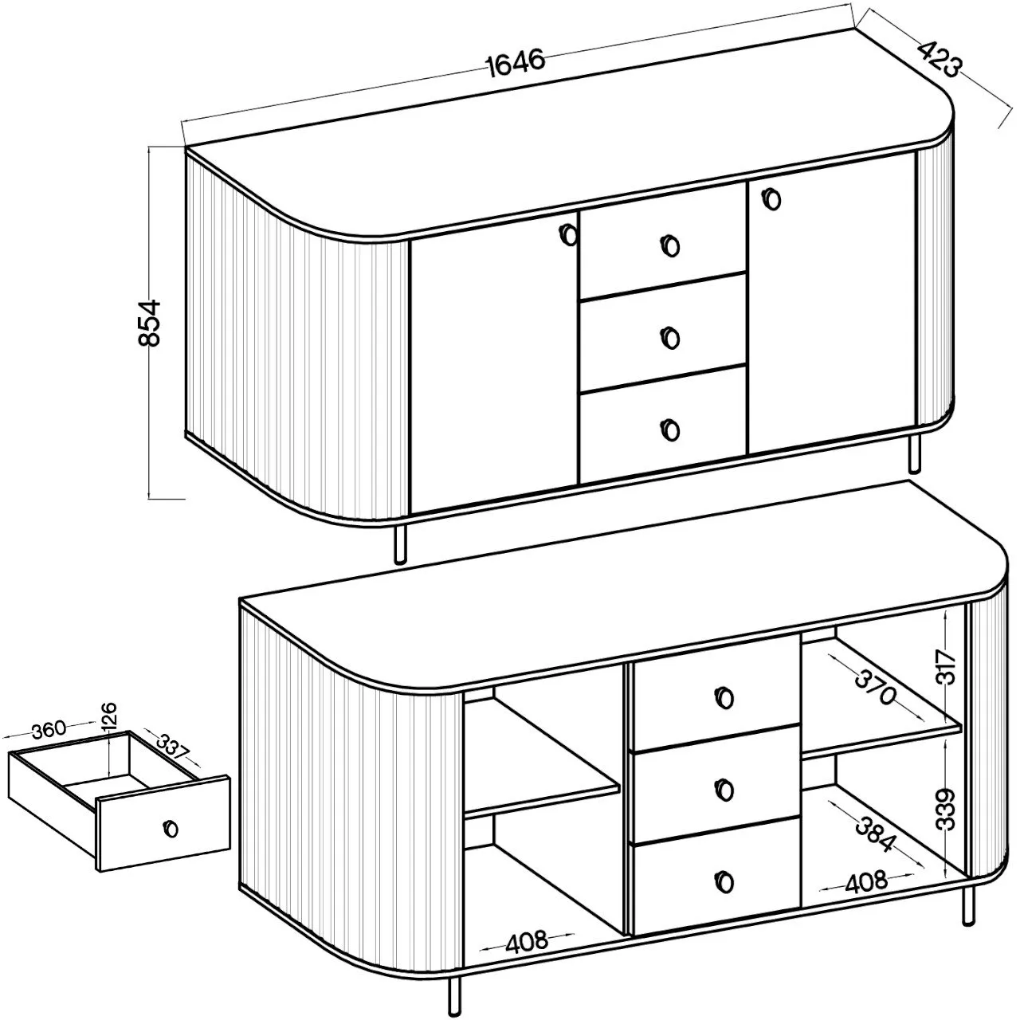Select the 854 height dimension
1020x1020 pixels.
(149, 323)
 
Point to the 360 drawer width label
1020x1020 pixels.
(49, 729)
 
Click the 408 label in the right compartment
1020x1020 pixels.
(865, 882)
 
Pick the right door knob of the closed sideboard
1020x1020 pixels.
(773, 199)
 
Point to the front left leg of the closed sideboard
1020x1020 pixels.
(399, 543)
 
